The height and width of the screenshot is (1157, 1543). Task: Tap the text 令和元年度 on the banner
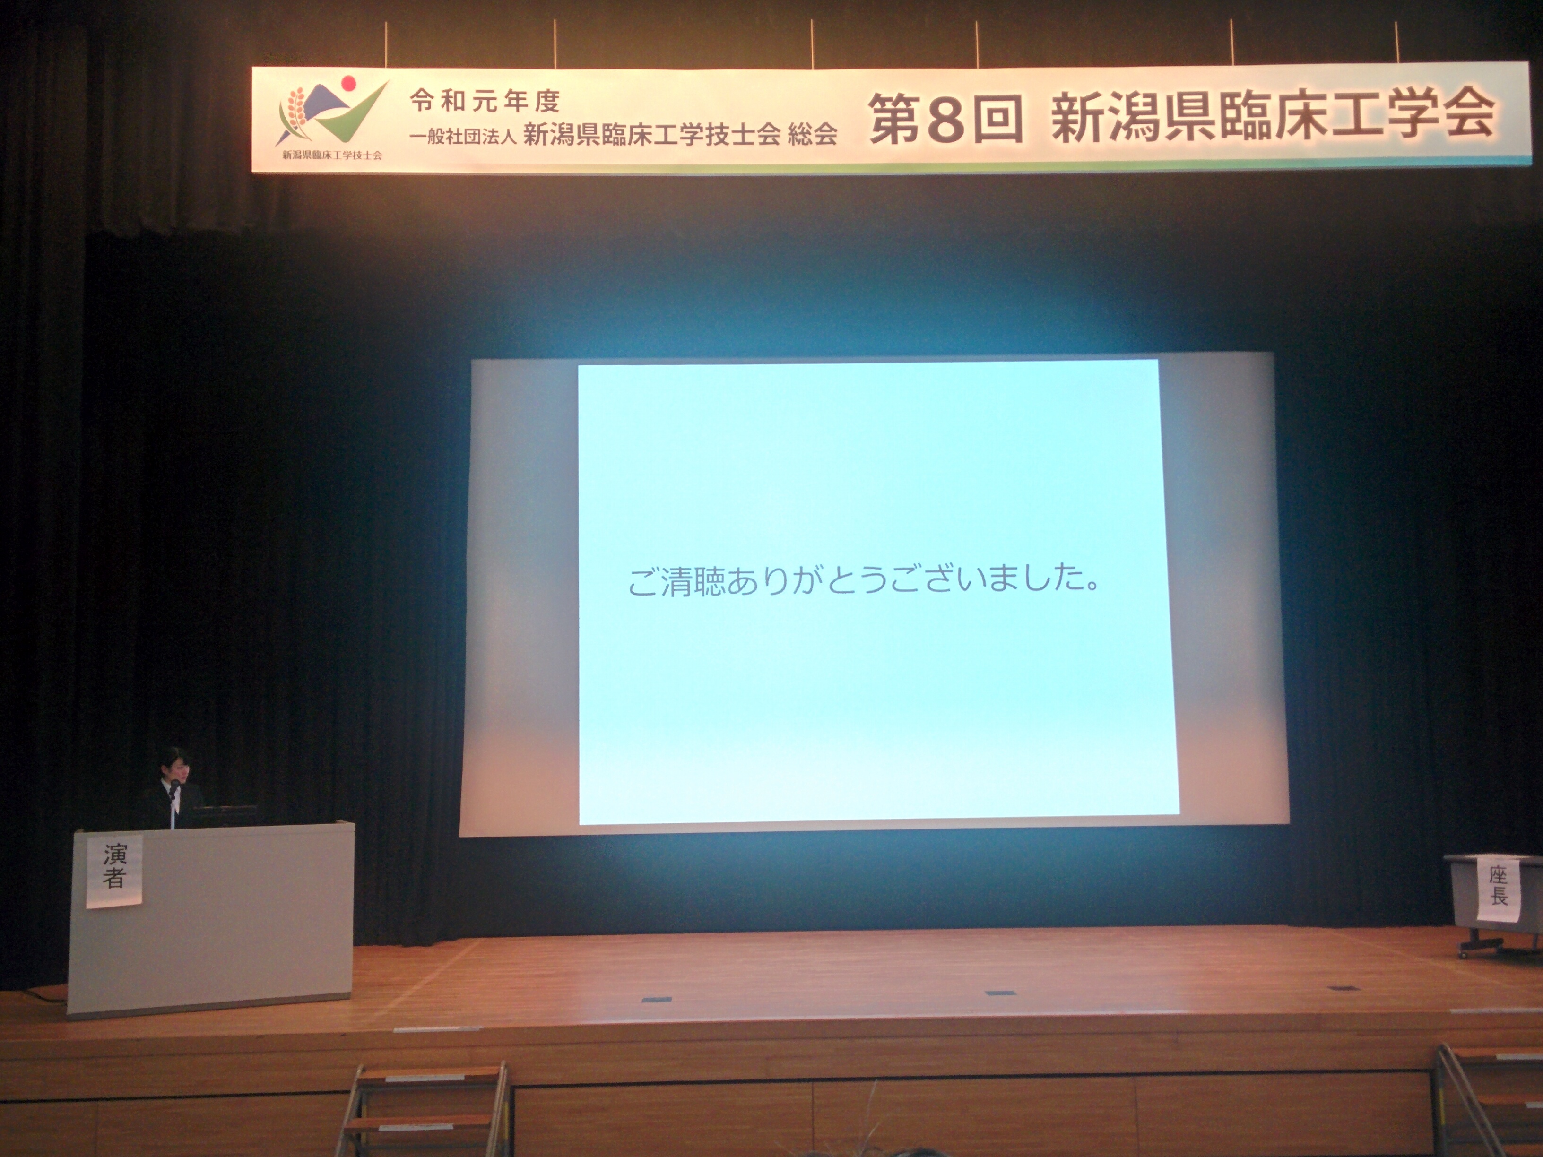tap(485, 102)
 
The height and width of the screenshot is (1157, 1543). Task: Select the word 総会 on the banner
tap(813, 134)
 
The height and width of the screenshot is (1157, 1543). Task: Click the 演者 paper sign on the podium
tap(114, 871)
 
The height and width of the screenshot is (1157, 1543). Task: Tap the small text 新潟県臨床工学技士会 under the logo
tap(332, 155)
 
